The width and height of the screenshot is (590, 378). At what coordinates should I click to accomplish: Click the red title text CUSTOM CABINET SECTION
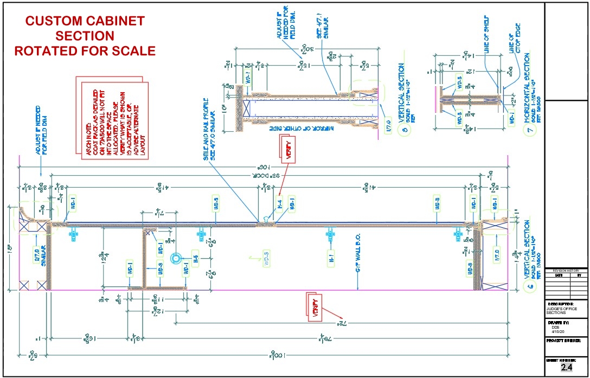(85, 28)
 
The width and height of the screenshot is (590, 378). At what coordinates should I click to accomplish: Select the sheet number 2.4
(567, 368)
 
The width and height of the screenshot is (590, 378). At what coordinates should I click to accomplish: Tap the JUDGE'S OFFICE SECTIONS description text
(562, 310)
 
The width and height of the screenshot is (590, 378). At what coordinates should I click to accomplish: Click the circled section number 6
(529, 287)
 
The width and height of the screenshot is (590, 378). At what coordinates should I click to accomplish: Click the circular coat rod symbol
(176, 259)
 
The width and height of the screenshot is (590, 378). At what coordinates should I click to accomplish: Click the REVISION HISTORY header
(566, 270)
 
